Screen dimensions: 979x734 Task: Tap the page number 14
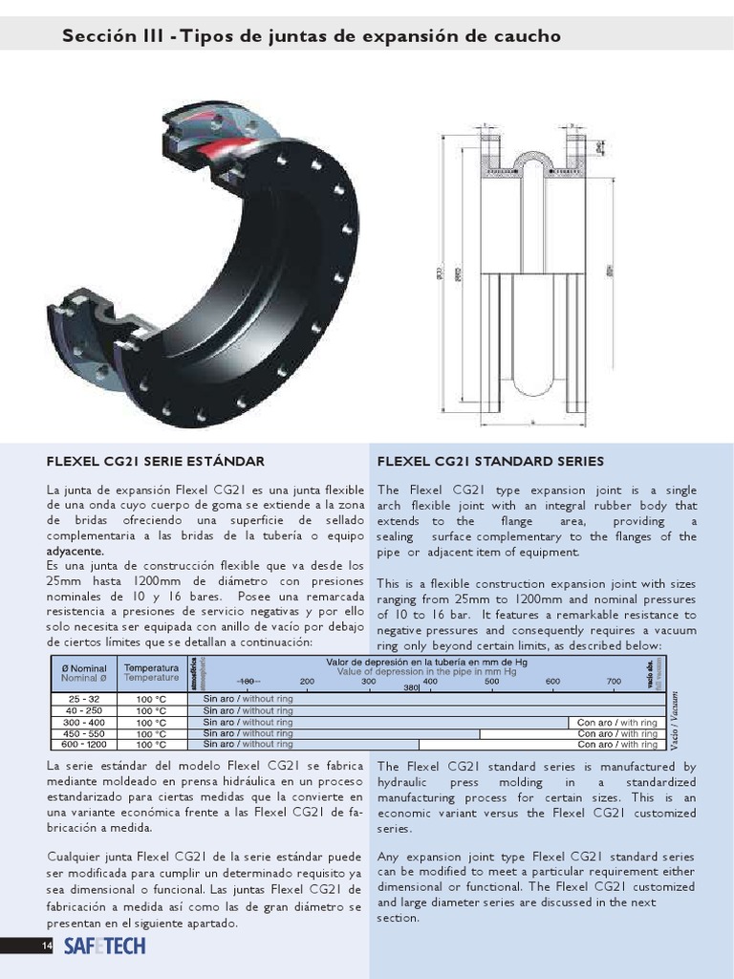(45, 946)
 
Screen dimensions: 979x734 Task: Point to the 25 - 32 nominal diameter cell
(83, 699)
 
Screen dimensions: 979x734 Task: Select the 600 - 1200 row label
(83, 744)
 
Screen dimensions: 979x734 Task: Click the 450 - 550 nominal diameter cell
(83, 733)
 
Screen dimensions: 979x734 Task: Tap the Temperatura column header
(151, 667)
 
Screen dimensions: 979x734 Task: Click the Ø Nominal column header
(83, 667)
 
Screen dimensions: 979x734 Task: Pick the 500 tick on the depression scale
(491, 681)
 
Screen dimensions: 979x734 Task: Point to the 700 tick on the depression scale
(614, 681)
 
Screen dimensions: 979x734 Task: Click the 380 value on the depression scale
(411, 688)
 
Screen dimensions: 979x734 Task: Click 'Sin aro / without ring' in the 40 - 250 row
(248, 710)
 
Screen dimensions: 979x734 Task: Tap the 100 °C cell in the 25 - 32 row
(151, 699)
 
